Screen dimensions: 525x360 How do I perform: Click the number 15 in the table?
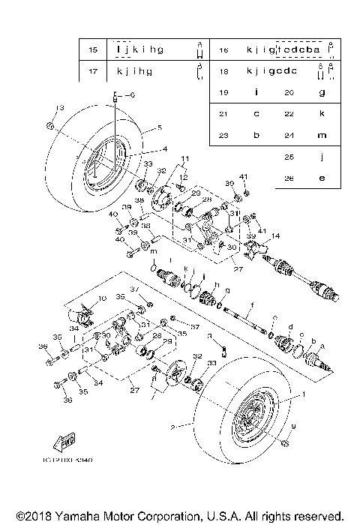tap(93, 49)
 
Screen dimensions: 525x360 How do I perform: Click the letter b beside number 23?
tap(256, 135)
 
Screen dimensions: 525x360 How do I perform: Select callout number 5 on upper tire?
tap(159, 127)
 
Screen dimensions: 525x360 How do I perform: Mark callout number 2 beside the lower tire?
tap(172, 427)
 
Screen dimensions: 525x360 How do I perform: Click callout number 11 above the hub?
tap(184, 158)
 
